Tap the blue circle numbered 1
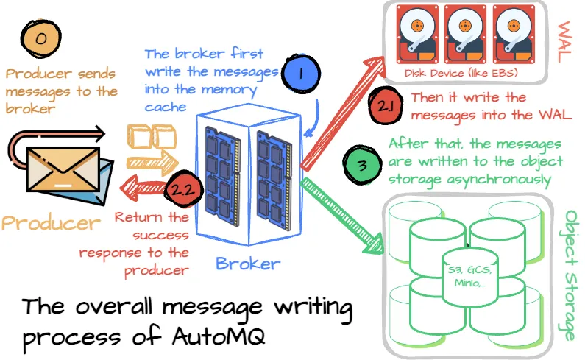302,74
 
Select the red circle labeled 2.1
386,106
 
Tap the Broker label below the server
248,263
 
